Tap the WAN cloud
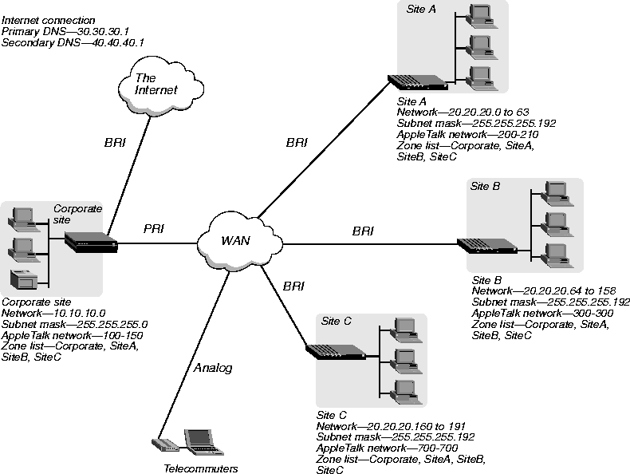(240, 240)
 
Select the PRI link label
(154, 229)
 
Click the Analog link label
(213, 368)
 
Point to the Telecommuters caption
(200, 468)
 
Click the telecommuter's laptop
(203, 442)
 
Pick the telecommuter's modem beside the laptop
(165, 445)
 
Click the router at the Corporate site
(91, 242)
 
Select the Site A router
(417, 82)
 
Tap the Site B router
(487, 246)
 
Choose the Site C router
(336, 352)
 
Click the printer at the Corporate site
(24, 279)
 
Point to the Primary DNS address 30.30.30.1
(102, 31)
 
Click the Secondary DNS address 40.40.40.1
(118, 42)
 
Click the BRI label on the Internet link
(115, 142)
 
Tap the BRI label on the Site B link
(363, 231)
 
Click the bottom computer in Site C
(406, 392)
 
